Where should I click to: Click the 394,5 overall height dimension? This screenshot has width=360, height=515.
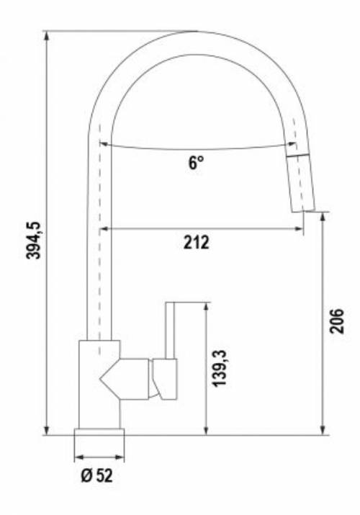coord(33,241)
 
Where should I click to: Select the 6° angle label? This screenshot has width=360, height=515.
coord(197,163)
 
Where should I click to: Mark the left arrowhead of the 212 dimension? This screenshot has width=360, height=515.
coord(103,230)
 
